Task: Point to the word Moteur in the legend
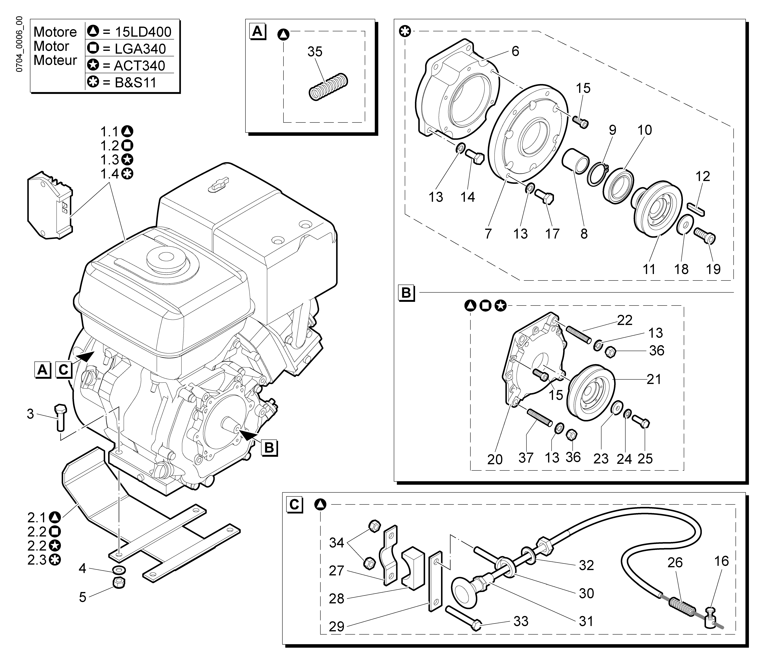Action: [55, 60]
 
